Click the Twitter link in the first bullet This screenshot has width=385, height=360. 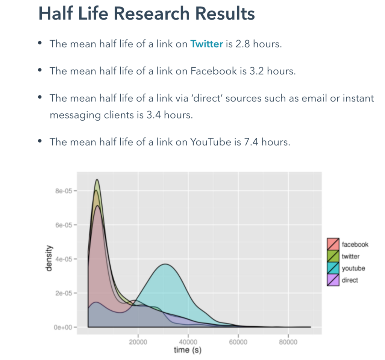206,44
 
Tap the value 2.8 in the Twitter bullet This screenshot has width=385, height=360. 243,44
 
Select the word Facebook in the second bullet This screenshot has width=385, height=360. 214,71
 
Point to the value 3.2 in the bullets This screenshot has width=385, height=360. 256,71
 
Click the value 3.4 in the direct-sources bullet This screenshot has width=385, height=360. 154,115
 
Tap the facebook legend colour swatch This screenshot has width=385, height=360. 333,244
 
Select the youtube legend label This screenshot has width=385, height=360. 353,268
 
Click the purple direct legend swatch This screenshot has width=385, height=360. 333,280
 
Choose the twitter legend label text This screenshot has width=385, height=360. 350,256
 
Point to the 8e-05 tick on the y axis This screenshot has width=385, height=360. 64,191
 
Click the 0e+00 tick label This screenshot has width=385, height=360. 63,327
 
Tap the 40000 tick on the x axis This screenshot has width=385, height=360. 188,342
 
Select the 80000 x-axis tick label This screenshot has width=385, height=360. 288,342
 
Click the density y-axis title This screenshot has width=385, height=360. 49,258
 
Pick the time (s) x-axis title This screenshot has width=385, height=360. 188,350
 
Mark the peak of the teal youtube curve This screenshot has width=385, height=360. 166,264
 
